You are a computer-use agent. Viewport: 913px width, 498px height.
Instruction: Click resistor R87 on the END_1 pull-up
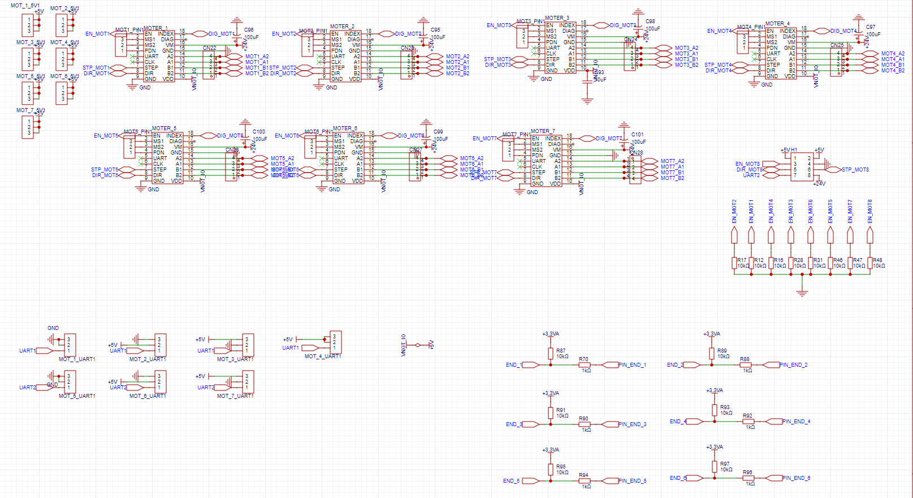(551, 354)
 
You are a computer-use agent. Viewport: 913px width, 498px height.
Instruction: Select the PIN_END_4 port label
(796, 422)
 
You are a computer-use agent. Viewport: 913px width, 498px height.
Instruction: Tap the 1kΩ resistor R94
(584, 481)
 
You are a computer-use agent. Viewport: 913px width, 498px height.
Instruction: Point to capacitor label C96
(249, 30)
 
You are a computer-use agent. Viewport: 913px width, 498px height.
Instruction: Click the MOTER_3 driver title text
(557, 18)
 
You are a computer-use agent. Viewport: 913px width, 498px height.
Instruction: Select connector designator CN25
(837, 45)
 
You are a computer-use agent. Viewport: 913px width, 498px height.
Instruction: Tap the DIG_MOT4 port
(843, 31)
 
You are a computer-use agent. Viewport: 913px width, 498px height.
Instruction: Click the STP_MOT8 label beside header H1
(855, 170)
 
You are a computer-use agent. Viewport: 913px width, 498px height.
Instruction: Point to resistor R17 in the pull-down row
(734, 263)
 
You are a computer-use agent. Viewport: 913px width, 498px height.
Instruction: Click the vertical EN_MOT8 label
(869, 211)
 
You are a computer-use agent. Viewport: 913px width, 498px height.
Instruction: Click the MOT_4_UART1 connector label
(322, 357)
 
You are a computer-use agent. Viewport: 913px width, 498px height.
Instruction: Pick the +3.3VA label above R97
(714, 447)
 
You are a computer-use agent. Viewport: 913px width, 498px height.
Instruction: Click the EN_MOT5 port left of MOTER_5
(106, 136)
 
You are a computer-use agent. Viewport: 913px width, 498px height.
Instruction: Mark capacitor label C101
(637, 135)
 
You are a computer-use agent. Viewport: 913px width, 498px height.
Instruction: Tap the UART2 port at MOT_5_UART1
(27, 388)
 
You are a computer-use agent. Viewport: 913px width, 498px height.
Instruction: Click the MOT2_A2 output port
(457, 57)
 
